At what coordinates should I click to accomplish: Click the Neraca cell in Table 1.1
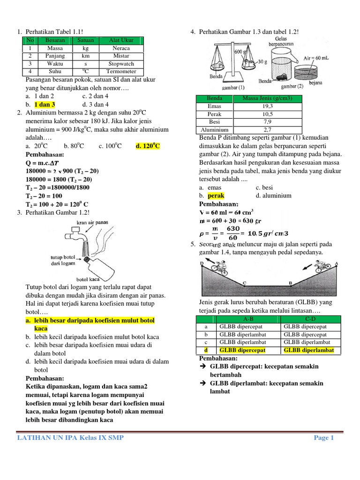[x=121, y=48]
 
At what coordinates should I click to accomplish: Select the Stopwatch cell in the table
[x=121, y=64]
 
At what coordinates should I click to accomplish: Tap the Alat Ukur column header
[x=121, y=40]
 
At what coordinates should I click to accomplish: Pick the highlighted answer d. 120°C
[x=148, y=146]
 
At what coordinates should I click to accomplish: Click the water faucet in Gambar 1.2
[x=76, y=233]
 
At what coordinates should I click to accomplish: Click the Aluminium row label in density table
[x=214, y=130]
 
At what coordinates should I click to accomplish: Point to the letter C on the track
[x=244, y=283]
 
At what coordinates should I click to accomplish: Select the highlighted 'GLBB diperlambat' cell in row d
[x=309, y=350]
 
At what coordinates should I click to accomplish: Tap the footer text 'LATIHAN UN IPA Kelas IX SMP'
[x=71, y=438]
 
